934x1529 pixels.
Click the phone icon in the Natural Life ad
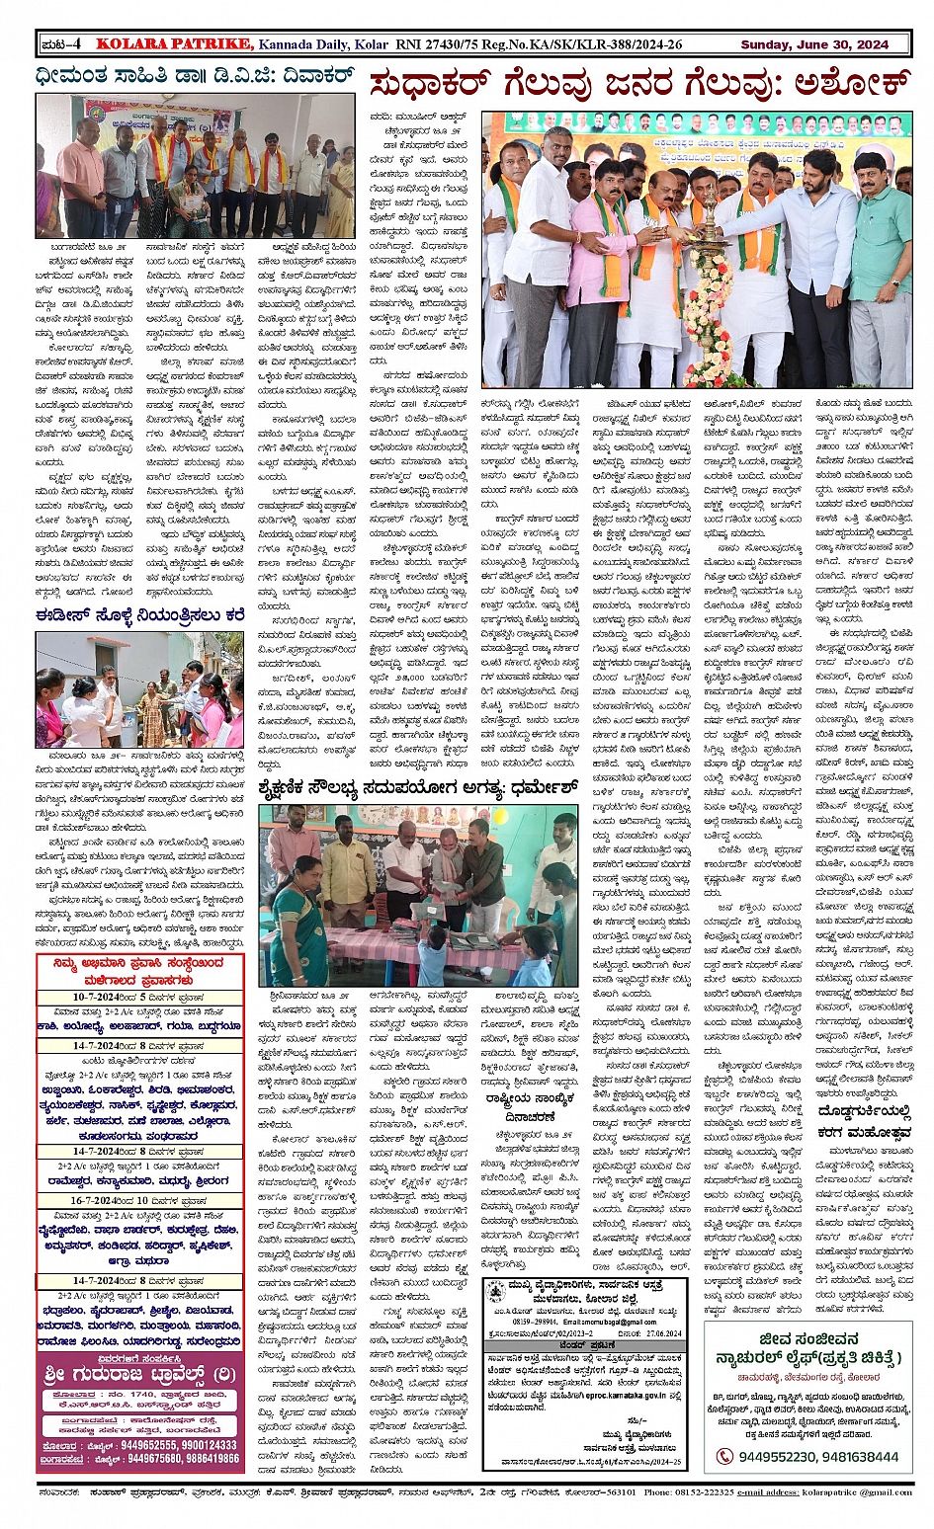[725, 1456]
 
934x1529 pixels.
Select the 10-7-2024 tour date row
[139, 998]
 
